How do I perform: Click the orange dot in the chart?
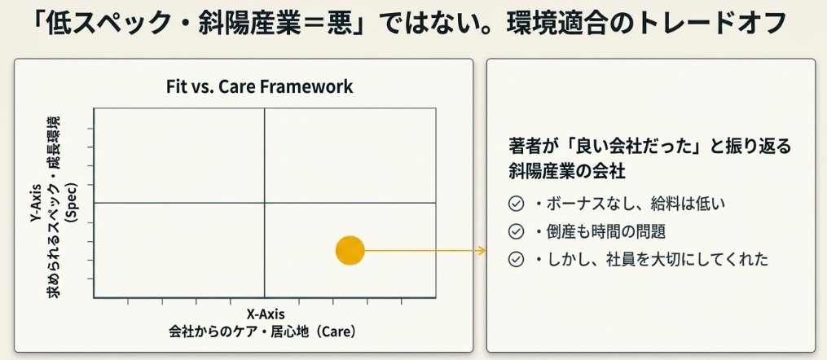pos(350,250)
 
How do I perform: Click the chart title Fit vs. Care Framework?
pos(259,86)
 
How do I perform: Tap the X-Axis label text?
pos(266,314)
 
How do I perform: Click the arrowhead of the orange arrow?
pos(481,250)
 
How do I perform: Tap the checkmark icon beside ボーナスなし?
pos(515,204)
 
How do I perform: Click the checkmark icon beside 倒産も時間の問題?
pos(515,231)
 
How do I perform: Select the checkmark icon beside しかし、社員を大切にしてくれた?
pos(515,259)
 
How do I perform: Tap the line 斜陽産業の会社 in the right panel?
pos(568,172)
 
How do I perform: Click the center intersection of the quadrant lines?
pos(264,203)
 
